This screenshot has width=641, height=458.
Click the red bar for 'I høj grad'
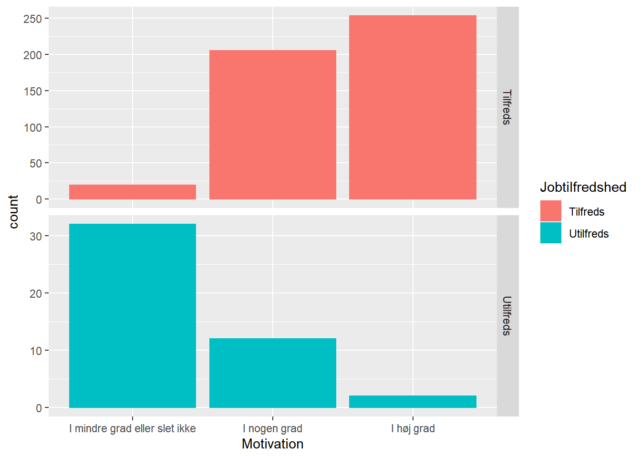[413, 107]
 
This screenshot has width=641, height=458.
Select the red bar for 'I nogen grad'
[272, 125]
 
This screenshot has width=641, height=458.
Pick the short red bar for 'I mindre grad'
[133, 192]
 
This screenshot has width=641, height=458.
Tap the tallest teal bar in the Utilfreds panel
[133, 315]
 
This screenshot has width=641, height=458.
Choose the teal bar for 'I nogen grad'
[272, 373]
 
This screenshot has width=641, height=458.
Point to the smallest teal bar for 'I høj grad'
[413, 402]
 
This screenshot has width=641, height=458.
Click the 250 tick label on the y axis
[33, 19]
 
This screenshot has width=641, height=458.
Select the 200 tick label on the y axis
[33, 55]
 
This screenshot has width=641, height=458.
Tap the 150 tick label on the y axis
[33, 91]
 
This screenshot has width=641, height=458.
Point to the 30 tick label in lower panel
[36, 236]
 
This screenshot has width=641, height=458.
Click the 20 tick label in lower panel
[36, 293]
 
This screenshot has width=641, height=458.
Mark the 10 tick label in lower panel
[36, 351]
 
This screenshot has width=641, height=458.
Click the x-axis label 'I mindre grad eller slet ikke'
[133, 428]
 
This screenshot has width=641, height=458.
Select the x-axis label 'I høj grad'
[413, 428]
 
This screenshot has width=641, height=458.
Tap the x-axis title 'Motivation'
[272, 444]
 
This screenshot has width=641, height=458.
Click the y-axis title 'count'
[13, 211]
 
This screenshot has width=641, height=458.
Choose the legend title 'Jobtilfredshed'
[583, 187]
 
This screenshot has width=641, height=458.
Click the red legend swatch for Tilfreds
[550, 211]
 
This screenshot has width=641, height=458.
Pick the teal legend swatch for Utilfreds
[550, 233]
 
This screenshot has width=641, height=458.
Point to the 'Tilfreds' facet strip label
[507, 107]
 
